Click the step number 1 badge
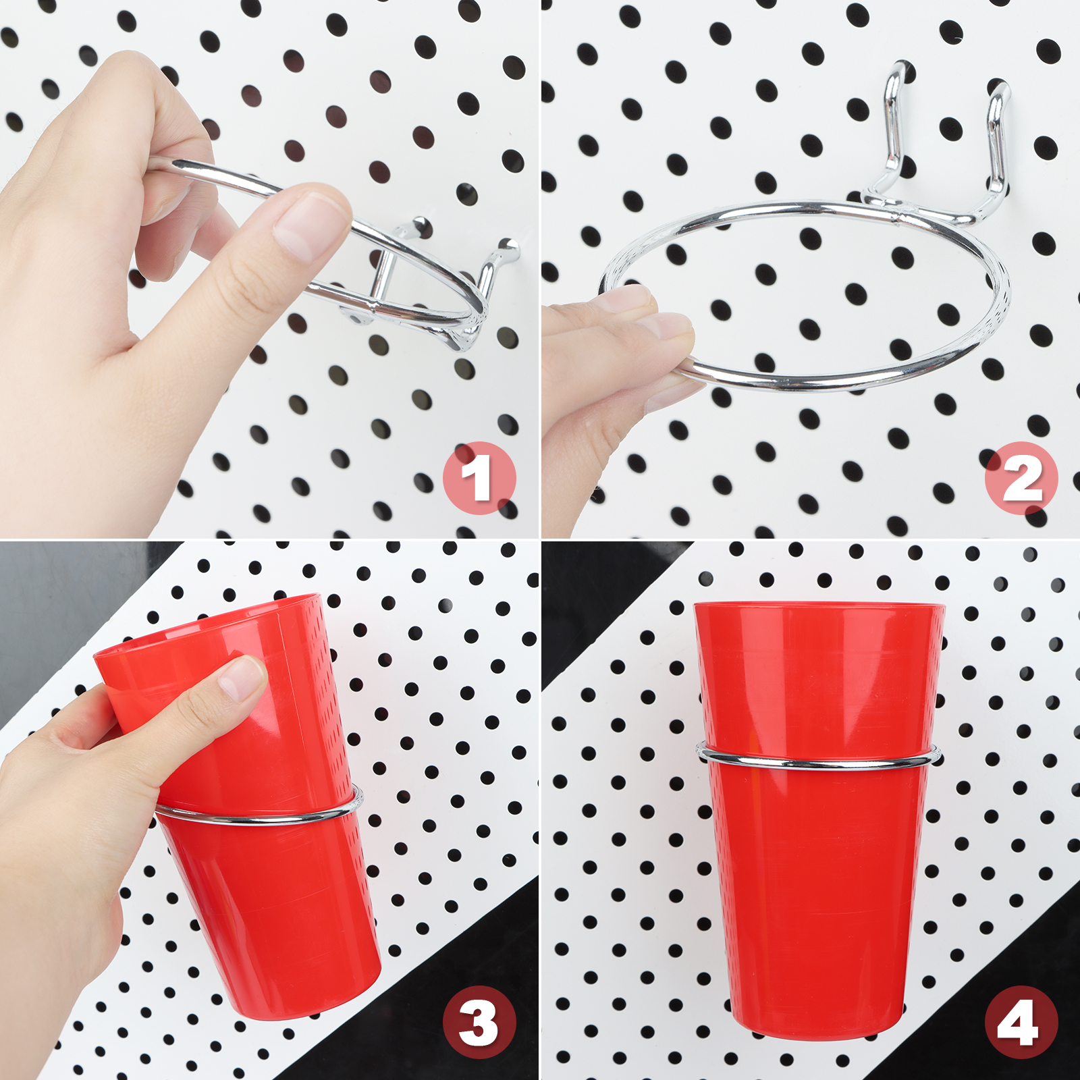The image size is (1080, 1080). (479, 478)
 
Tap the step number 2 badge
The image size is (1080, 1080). (1021, 478)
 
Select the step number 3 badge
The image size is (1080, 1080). (479, 1022)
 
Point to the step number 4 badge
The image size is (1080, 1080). (1021, 1022)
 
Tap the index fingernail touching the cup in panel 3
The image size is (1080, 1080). (242, 677)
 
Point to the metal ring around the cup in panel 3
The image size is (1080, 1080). (256, 818)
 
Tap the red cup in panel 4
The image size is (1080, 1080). (819, 820)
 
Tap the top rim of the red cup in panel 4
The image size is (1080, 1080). (819, 604)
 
